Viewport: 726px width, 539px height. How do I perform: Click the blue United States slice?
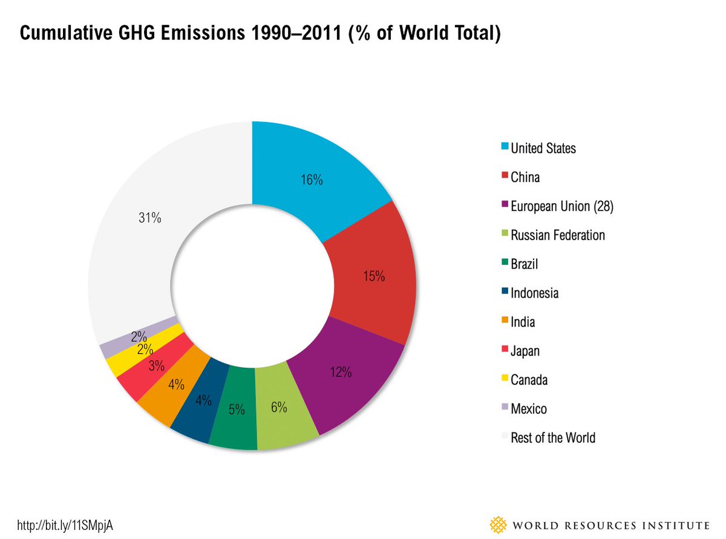coord(315,175)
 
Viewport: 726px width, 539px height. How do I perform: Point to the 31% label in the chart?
coord(149,218)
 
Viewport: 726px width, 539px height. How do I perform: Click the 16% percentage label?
coord(312,180)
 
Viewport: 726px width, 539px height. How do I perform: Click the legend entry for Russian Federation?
coord(557,235)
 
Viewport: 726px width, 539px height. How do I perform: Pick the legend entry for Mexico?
coord(528,409)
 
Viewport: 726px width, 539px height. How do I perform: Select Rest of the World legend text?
coord(553,437)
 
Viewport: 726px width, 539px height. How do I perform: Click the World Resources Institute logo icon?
coord(499,524)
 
